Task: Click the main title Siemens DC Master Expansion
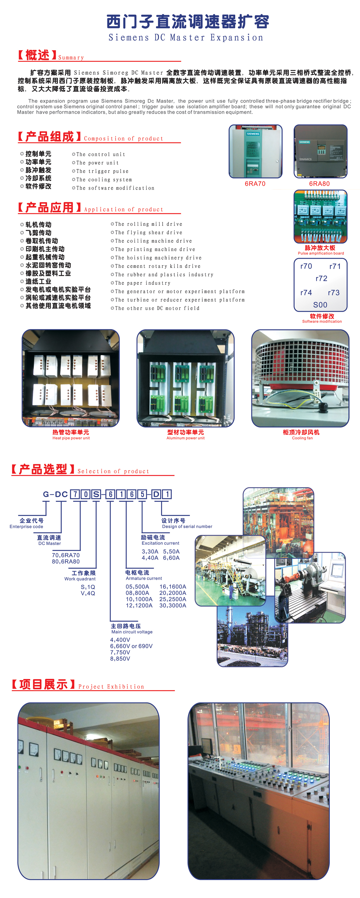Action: pos(186,37)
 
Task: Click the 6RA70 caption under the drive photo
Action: pos(255,184)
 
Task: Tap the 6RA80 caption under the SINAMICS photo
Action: pos(319,184)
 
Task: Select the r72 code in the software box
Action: pos(321,278)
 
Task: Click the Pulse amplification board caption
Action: pos(321,254)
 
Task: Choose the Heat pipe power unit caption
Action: pos(71,438)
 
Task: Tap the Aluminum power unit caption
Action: pos(185,438)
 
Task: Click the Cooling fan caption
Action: pos(302,438)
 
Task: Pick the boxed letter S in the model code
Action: pos(96,494)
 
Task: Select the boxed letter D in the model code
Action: pos(156,494)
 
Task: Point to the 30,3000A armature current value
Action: pos(173,605)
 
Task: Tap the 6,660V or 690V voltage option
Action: pos(131,646)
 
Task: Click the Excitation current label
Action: pos(160,543)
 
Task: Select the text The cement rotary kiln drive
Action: pos(158,266)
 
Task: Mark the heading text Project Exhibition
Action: pos(111,687)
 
